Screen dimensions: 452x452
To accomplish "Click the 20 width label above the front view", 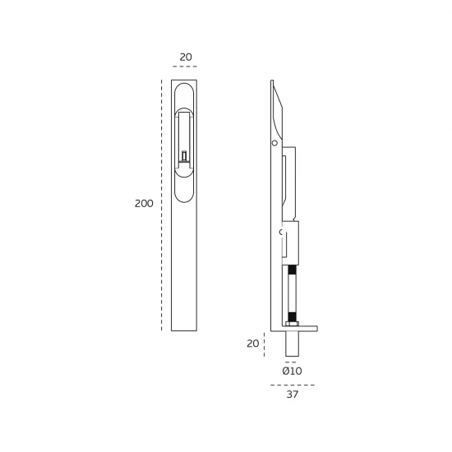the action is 186,57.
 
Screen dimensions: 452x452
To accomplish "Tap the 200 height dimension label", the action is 144,204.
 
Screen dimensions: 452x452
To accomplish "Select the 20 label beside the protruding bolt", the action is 253,344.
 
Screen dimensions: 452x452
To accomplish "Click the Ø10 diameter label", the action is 292,371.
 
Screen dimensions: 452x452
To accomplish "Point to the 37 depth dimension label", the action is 293,394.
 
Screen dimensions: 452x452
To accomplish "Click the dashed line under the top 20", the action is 185,67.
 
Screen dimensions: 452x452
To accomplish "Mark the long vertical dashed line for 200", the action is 161,205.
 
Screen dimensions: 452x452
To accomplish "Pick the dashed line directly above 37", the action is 293,385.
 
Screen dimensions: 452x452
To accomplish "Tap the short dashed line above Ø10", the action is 291,362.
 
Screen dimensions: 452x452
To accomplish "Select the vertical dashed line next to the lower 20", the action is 264,344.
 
